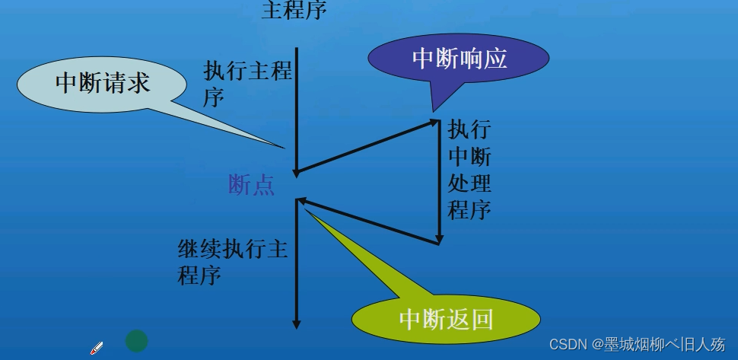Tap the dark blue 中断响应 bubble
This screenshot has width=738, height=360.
tap(458, 59)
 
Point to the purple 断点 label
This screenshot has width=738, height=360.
tap(252, 185)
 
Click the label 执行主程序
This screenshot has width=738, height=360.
tap(248, 84)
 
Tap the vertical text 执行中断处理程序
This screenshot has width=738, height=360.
tap(469, 169)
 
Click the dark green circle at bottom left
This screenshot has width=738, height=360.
tap(136, 340)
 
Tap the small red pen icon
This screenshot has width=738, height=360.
tap(97, 348)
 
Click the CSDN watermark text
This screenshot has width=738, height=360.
tap(637, 344)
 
